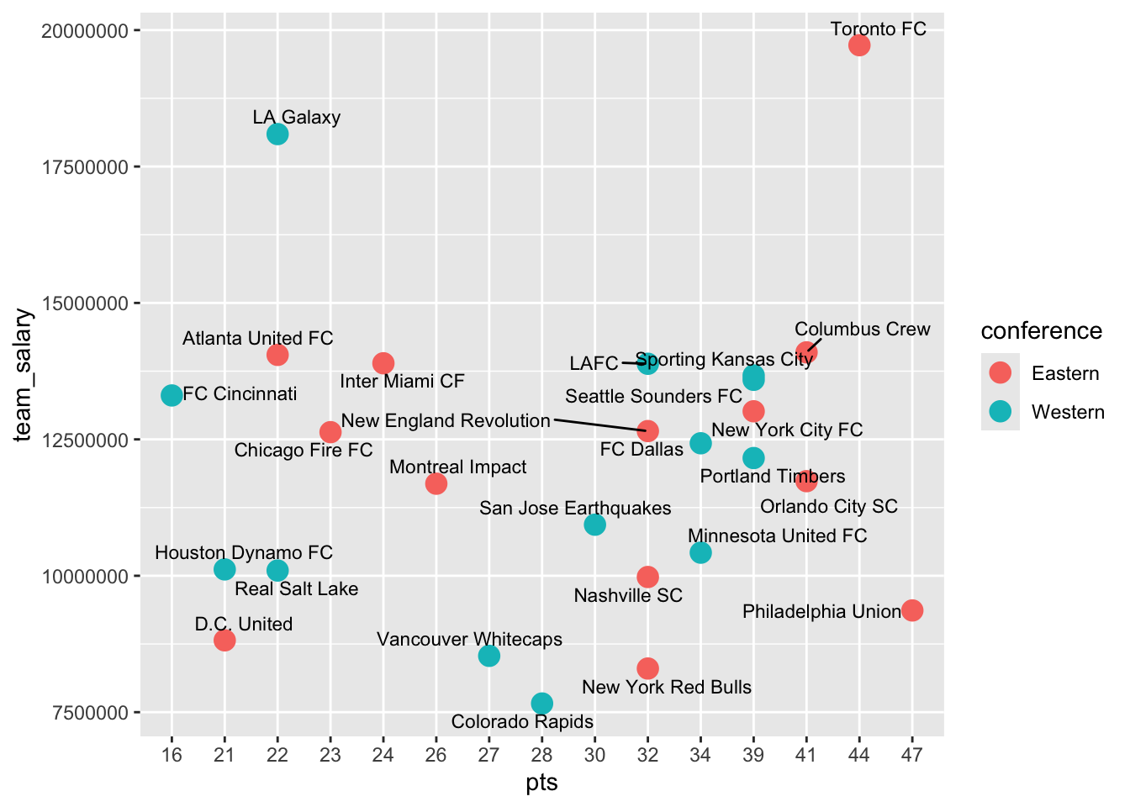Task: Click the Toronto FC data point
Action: [858, 45]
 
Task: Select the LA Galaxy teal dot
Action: [277, 134]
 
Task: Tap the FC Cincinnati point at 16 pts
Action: [172, 395]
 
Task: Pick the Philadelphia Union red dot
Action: [912, 610]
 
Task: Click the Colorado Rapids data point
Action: [541, 703]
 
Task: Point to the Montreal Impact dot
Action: [436, 483]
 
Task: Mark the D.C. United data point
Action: [224, 640]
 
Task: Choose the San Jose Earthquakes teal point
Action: [594, 525]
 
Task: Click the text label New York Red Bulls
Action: [667, 687]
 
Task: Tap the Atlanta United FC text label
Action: [258, 338]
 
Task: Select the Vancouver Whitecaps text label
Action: [469, 640]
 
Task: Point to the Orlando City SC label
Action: [829, 506]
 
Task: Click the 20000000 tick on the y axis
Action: [85, 31]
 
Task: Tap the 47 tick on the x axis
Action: [912, 756]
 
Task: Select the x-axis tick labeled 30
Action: [594, 756]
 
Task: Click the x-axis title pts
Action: [541, 783]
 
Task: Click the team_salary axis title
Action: [24, 376]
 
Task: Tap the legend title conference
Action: [1041, 331]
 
